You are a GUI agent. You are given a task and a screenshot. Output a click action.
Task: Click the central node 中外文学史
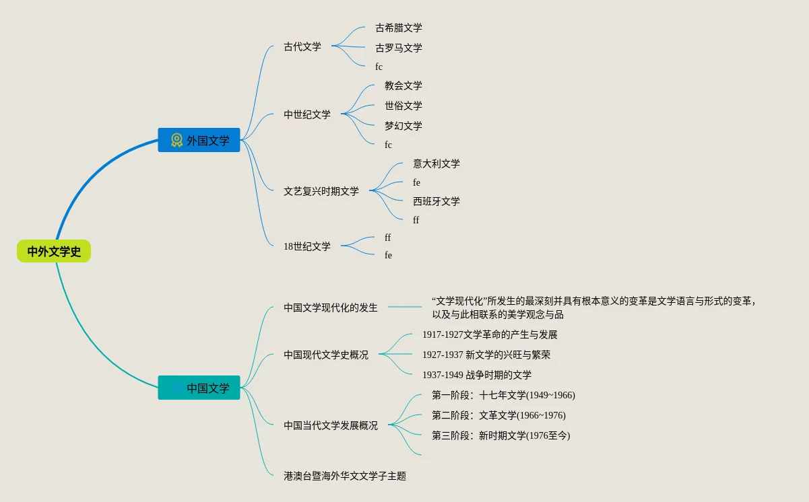click(54, 252)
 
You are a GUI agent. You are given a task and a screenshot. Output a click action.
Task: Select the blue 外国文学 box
click(199, 140)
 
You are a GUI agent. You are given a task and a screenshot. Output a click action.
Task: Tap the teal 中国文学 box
click(199, 388)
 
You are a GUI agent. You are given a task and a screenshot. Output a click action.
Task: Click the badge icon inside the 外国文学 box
click(176, 140)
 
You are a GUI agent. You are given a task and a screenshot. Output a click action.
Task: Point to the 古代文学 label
click(302, 46)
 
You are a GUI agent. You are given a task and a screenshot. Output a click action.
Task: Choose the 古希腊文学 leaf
click(399, 28)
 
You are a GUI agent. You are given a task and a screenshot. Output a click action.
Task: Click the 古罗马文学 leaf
click(399, 48)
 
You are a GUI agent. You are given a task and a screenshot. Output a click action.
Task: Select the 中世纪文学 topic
click(307, 114)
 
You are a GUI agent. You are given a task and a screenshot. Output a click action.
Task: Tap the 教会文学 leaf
click(403, 85)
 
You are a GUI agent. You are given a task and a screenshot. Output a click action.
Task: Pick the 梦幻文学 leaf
click(403, 126)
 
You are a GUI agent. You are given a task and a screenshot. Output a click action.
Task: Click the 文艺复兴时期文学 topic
click(321, 191)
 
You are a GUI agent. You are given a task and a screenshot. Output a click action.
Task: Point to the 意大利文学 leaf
click(436, 164)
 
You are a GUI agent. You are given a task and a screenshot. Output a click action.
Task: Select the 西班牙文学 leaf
click(436, 201)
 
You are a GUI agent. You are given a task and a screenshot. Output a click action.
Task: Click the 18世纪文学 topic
click(307, 246)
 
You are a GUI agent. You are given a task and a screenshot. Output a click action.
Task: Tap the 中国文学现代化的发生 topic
click(331, 308)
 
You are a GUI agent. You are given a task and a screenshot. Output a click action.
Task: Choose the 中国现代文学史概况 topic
click(326, 355)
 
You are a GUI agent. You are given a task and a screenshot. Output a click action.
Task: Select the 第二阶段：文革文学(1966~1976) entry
click(498, 415)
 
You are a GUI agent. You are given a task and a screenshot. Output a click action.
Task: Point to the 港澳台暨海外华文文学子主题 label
click(345, 476)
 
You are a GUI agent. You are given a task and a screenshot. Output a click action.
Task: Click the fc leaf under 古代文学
click(379, 67)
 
